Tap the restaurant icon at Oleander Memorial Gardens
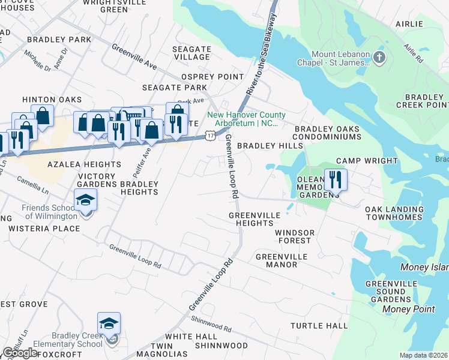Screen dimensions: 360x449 coord(336,179)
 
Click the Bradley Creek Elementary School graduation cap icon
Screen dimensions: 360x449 coord(109,324)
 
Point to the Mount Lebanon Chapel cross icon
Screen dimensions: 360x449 coord(379,58)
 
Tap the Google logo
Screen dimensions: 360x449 coord(20,353)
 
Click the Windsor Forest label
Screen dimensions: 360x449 coord(293,236)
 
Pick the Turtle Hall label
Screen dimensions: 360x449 coord(319,326)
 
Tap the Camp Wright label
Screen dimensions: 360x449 coord(367,161)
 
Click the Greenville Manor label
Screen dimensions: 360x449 coord(281,260)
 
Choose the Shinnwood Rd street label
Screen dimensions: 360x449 coord(211,325)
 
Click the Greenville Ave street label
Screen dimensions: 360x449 coord(134,57)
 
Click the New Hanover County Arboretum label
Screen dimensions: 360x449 coord(246,119)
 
